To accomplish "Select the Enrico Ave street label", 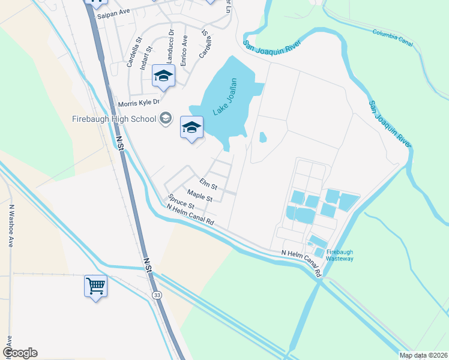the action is (185, 47).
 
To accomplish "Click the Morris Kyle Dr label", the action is (139, 103).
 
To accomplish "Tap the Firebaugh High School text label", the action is (114, 118).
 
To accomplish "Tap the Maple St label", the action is (200, 196).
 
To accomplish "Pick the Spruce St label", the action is (181, 202).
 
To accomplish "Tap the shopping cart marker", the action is (96, 286).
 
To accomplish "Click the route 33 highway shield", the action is (157, 295).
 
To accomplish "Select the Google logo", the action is (20, 353).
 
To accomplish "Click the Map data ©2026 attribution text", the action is (423, 355).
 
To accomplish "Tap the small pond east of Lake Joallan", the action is (263, 137).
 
